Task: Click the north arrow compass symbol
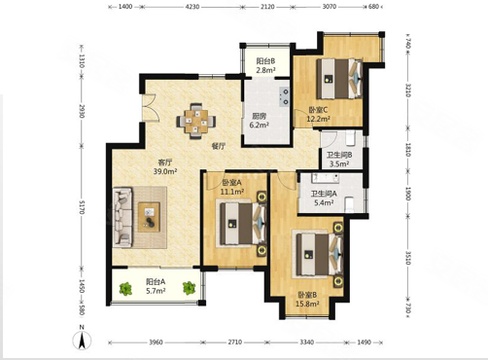[82, 341]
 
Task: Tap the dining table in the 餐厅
[196, 122]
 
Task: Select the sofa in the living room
[122, 217]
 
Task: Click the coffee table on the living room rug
[149, 217]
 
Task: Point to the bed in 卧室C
[339, 79]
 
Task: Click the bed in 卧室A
[242, 224]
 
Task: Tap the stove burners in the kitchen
[284, 96]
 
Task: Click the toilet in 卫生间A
[350, 204]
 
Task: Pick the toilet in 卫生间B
[351, 138]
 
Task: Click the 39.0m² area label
[165, 171]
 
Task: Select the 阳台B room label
[265, 61]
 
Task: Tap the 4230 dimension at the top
[192, 7]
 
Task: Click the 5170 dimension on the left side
[82, 206]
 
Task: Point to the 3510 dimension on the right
[408, 258]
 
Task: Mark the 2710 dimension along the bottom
[234, 342]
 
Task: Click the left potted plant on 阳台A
[125, 289]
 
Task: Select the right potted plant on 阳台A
[189, 288]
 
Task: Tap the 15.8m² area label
[307, 304]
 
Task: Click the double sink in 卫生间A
[325, 178]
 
